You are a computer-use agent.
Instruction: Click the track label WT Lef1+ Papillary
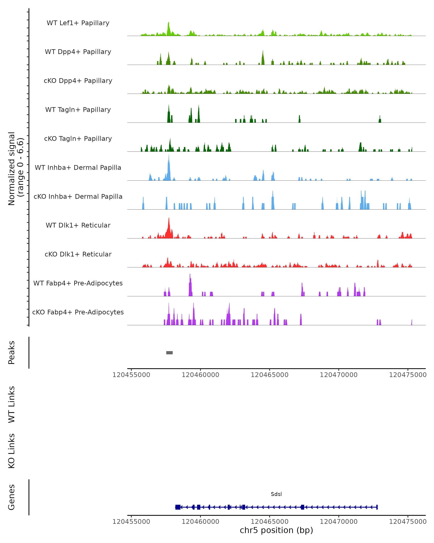point(78,23)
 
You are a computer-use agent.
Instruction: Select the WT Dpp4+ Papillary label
point(78,52)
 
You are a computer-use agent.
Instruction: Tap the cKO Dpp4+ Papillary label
point(78,81)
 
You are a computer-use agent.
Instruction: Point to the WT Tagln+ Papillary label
point(78,110)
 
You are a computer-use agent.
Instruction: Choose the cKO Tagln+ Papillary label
point(78,139)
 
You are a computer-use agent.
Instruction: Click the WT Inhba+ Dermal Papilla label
point(78,168)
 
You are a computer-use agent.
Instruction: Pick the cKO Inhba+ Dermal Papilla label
point(78,197)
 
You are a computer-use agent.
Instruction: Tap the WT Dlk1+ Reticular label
point(78,225)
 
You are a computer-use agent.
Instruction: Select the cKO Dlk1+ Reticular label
point(78,254)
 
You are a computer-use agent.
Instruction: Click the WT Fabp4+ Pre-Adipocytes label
point(78,283)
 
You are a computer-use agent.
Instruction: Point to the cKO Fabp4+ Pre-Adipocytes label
point(78,312)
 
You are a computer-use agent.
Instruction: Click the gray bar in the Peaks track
point(169,353)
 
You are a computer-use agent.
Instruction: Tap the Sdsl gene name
point(276,494)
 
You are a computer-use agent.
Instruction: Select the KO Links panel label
point(12,451)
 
